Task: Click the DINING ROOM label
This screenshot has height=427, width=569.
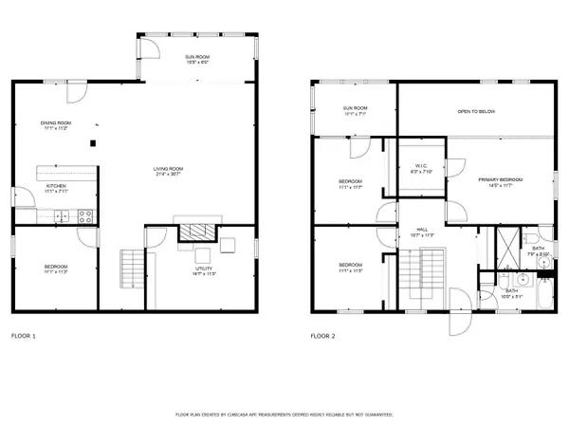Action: coord(54,125)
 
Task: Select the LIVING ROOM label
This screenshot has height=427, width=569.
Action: coord(168,172)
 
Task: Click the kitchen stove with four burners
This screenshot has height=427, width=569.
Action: coord(86,215)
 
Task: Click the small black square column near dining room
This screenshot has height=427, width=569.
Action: coord(92,143)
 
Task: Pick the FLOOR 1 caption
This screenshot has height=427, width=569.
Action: coord(24,336)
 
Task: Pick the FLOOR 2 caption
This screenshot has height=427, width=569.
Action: coord(324,336)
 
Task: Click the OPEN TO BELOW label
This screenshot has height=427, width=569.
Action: coord(475,111)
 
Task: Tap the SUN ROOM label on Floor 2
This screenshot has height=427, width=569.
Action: coord(355,110)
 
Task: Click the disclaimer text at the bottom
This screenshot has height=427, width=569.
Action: coord(284,415)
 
